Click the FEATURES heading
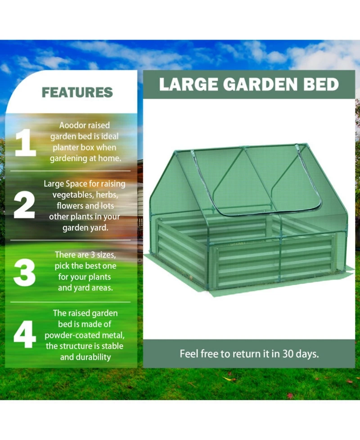coord(77,93)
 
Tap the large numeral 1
coord(25,142)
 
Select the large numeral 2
coord(24,206)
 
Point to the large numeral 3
coord(25,271)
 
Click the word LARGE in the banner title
coord(185,84)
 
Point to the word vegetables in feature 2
coord(71,195)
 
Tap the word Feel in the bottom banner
coord(189,354)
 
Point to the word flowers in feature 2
coord(69,206)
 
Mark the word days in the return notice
coord(308,354)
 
